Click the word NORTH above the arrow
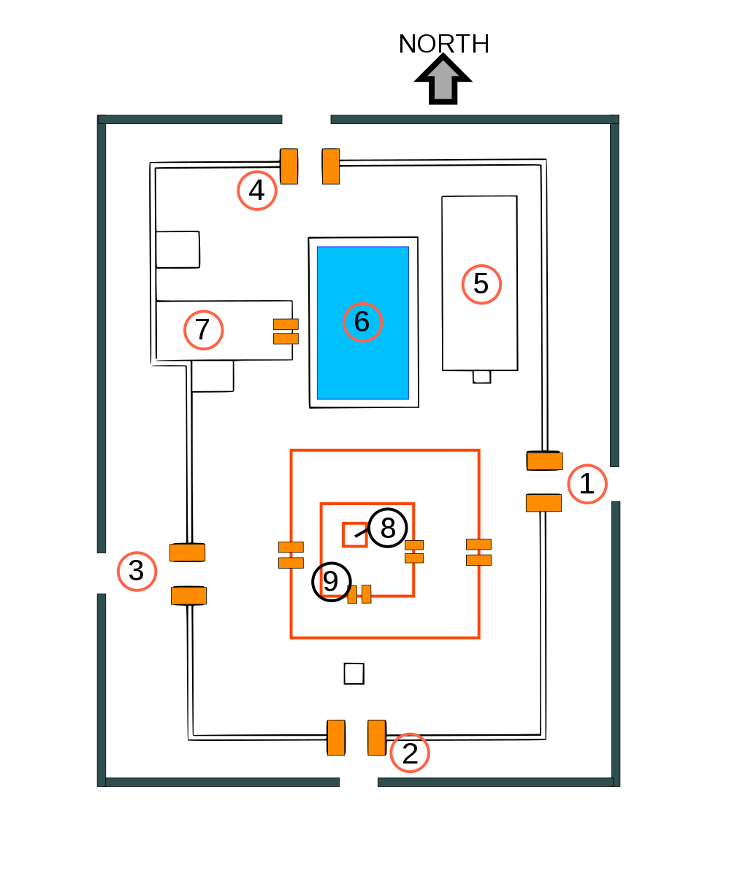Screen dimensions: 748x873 pos(444,44)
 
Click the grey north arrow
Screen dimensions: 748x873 pos(443,79)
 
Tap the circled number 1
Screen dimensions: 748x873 pos(587,484)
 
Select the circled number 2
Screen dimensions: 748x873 pos(410,753)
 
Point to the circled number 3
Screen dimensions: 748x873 pos(137,572)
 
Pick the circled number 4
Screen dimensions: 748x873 pos(256,191)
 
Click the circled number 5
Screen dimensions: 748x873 pos(482,284)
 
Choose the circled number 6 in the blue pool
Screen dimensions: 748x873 pos(362,322)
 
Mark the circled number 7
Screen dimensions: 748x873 pos(204,330)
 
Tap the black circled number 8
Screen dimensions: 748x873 pos(388,528)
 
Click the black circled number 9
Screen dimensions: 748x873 pos(331,582)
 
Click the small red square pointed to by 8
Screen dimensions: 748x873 pos(355,535)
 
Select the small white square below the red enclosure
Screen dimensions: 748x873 pos(354,674)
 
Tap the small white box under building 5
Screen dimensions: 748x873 pos(482,377)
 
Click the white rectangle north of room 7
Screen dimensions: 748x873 pos(178,250)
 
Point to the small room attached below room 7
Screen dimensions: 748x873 pos(213,377)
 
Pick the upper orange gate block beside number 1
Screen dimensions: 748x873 pos(545,461)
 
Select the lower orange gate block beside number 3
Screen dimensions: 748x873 pos(188,596)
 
